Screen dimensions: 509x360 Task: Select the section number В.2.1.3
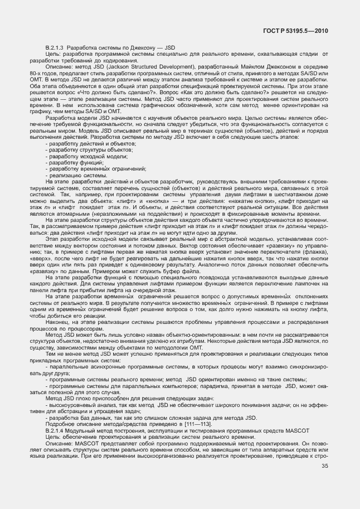55,48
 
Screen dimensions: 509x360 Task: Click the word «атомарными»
64,212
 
